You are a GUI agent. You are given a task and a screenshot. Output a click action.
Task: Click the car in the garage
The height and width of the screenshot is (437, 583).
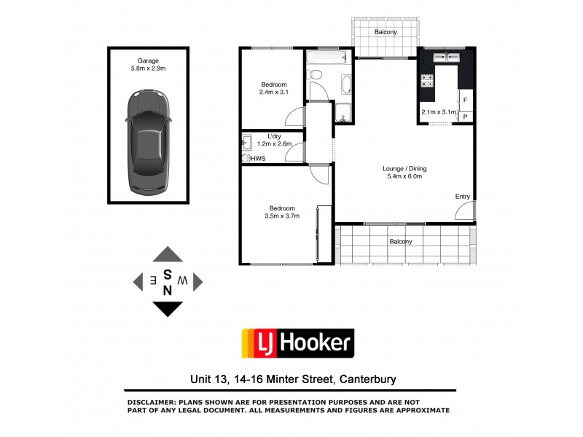coord(149,142)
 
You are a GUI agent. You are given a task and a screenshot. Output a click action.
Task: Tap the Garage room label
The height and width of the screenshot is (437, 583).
coord(149,61)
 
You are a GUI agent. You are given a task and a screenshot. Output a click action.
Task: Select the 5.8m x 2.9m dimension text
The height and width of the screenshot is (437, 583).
coord(149,69)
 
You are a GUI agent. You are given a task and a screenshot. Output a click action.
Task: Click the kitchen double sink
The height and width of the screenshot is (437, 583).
coord(447,58)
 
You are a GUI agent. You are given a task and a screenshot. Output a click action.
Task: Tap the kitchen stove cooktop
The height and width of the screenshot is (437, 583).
coord(426,79)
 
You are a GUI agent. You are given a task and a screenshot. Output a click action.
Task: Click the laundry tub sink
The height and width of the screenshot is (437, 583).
coord(247,142)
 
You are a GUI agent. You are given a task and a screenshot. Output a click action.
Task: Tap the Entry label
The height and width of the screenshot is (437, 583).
coord(463,197)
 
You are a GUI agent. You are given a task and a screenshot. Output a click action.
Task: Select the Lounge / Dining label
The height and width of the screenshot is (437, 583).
coord(404,169)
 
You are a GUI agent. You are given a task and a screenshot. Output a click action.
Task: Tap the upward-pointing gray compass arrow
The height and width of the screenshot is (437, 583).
coord(168,255)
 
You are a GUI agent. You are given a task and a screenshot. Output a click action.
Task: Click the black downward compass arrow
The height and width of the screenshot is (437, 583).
coord(168,309)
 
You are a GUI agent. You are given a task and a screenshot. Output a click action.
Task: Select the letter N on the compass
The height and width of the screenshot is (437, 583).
coord(168,289)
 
